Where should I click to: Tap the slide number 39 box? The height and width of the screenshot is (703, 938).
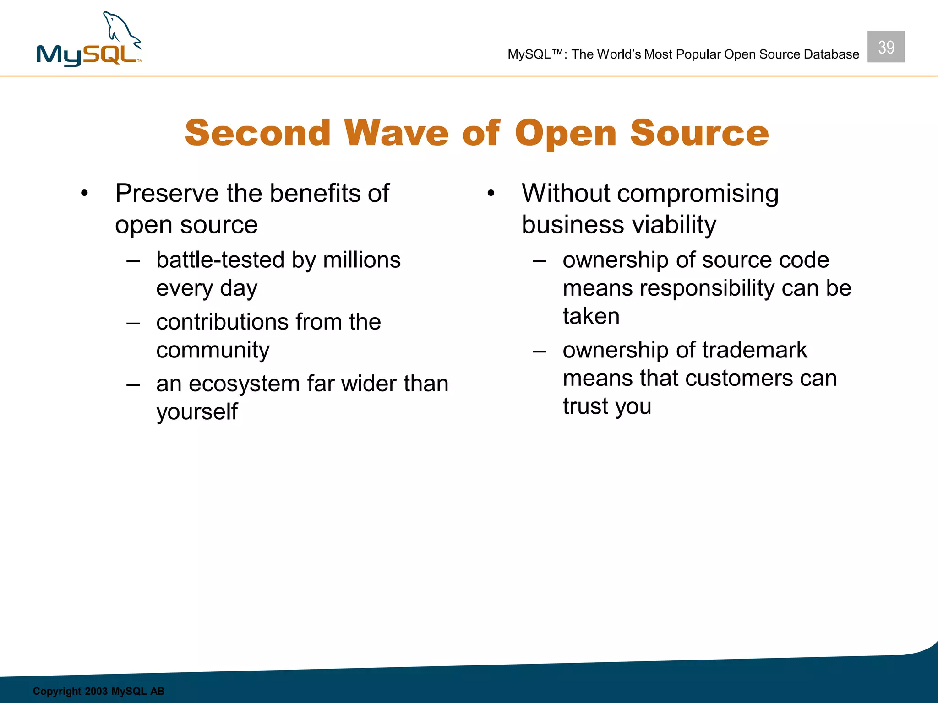[x=885, y=47]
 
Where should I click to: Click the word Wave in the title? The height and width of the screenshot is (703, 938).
[x=396, y=133]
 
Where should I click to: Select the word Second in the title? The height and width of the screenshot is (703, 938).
[x=257, y=133]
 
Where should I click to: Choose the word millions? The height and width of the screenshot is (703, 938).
[x=361, y=260]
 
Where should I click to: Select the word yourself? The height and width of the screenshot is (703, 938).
[x=197, y=412]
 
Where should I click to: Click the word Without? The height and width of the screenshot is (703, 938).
[x=566, y=194]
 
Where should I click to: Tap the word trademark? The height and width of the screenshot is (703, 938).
[x=754, y=350]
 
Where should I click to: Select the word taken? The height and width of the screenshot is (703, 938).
[x=591, y=316]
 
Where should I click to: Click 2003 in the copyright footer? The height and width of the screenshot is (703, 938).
[x=96, y=691]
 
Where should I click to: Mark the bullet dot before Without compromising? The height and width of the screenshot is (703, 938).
[x=491, y=194]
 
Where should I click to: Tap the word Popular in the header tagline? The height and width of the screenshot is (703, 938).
[x=698, y=54]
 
